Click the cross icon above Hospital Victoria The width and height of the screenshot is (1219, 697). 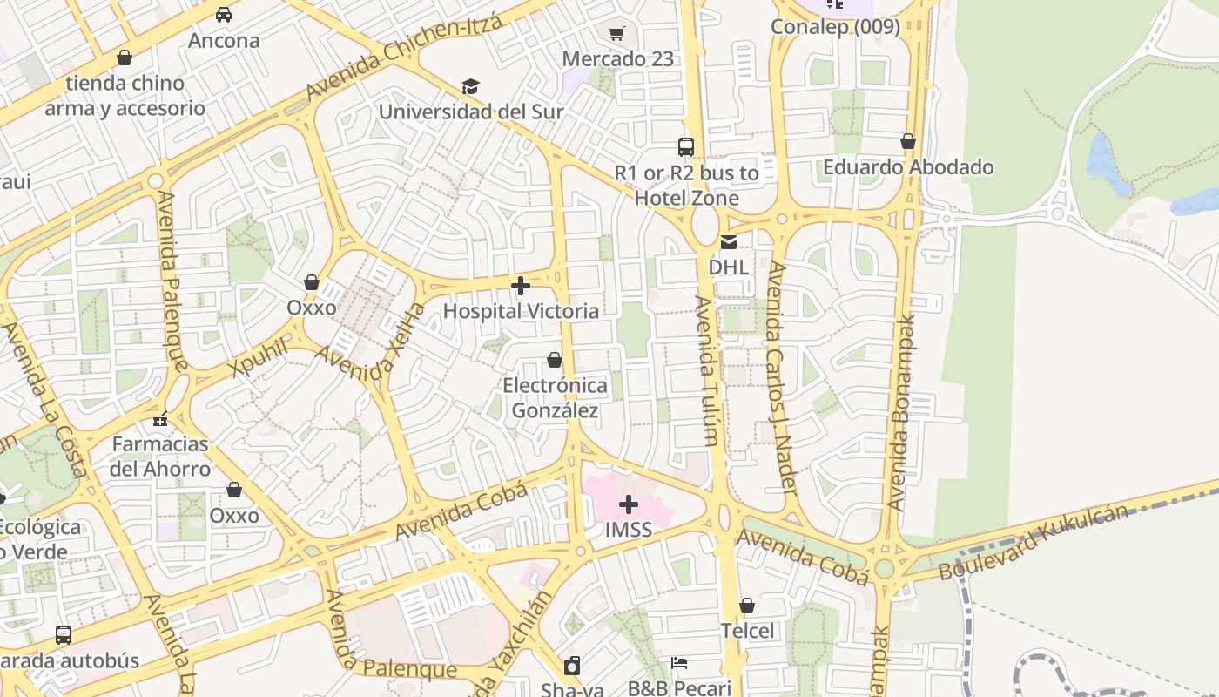521,286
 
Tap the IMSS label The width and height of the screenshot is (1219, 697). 629,530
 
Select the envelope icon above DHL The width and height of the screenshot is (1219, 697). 728,242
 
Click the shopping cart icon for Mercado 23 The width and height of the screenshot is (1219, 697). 617,34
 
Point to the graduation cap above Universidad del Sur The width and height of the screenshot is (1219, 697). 470,86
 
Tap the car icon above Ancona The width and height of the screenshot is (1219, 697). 224,15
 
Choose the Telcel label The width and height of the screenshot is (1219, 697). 747,630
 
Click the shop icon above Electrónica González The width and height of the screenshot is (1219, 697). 555,360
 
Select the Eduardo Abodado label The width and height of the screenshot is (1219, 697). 908,166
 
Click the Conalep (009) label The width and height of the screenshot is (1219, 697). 835,27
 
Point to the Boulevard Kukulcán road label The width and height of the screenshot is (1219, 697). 1034,542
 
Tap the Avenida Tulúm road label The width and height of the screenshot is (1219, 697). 707,370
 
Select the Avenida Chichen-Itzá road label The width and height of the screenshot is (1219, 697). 404,58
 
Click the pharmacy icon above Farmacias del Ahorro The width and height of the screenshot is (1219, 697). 160,419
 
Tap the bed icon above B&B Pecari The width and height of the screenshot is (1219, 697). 679,663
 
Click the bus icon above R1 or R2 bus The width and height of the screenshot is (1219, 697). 686,146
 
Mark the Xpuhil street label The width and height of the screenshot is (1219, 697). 259,358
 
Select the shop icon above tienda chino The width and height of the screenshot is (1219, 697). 125,58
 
